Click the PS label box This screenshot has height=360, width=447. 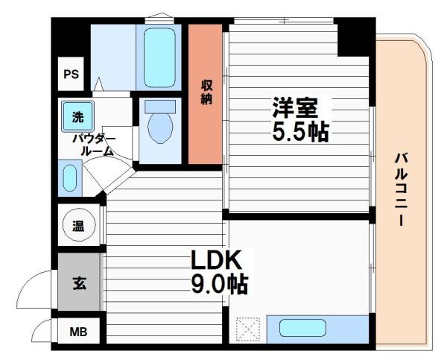coord(71,75)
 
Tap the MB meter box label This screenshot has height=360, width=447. coord(77,332)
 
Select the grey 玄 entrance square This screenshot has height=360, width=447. coord(77,282)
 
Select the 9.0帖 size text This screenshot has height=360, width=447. coord(219,284)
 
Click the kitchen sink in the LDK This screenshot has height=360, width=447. coord(302,329)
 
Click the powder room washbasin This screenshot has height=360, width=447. coord(69,180)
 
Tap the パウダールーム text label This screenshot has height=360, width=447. coord(92,145)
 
